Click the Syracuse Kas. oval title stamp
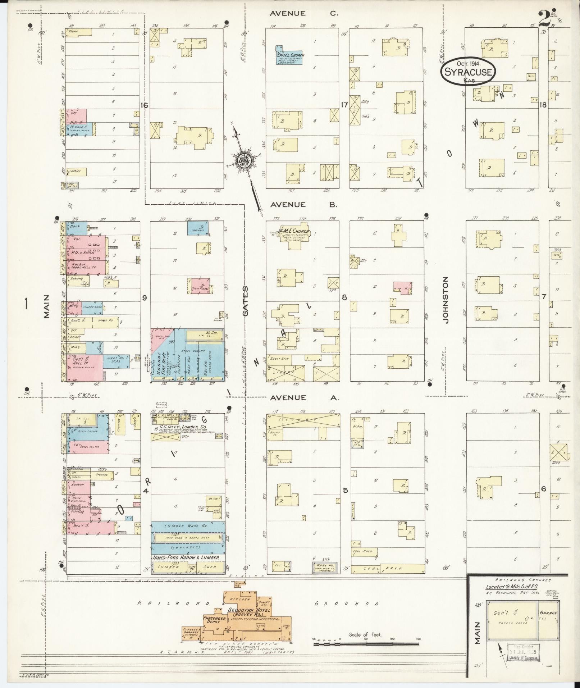point(468,72)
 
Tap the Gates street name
point(245,301)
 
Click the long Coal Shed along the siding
point(388,568)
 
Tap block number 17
point(344,105)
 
